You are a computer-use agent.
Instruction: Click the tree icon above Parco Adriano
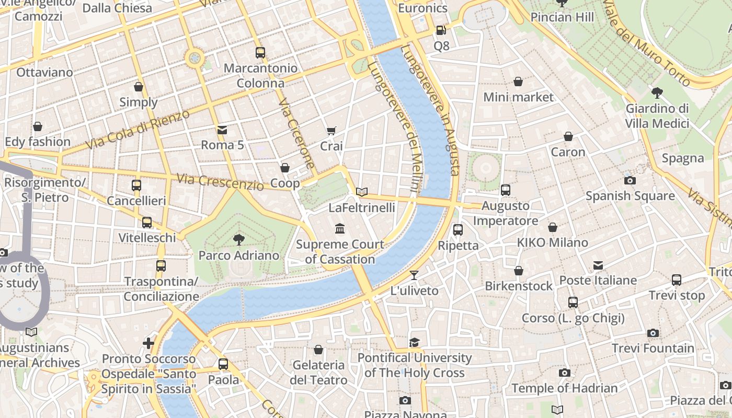[x=239, y=240]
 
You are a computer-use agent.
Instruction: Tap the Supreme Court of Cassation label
[x=340, y=251]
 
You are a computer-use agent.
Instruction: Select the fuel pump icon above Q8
[x=441, y=30]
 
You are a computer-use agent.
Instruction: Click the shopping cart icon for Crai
[x=331, y=131]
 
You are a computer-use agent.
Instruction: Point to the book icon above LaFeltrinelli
[x=362, y=192]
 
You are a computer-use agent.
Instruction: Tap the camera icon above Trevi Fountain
[x=653, y=333]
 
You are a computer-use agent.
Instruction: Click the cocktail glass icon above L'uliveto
[x=414, y=275]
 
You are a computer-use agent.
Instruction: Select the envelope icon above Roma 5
[x=222, y=130]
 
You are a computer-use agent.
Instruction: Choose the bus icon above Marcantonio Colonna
[x=260, y=52]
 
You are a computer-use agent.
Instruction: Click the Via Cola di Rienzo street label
[x=138, y=129]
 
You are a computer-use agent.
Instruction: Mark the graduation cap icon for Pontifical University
[x=414, y=342]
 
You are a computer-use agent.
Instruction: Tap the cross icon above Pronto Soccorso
[x=148, y=343]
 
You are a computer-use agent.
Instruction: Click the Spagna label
[x=682, y=158]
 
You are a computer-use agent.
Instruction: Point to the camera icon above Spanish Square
[x=630, y=180]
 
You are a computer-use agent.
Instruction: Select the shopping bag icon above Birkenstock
[x=518, y=271]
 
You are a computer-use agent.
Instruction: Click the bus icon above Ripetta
[x=458, y=229]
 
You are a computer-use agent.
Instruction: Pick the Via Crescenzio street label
[x=220, y=182]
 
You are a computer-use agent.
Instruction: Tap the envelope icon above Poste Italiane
[x=598, y=265]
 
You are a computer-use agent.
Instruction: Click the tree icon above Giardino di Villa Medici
[x=657, y=93]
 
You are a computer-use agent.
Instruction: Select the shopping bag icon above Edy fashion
[x=37, y=126]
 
